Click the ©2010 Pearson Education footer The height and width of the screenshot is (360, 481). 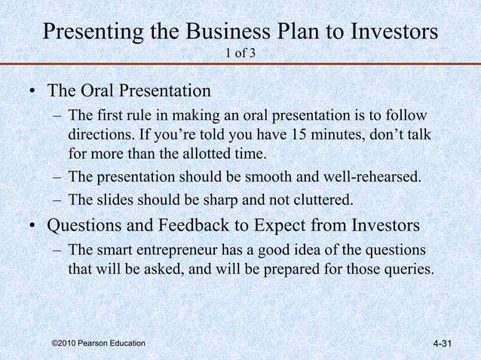coord(98,343)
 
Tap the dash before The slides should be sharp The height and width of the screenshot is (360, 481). coord(58,200)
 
